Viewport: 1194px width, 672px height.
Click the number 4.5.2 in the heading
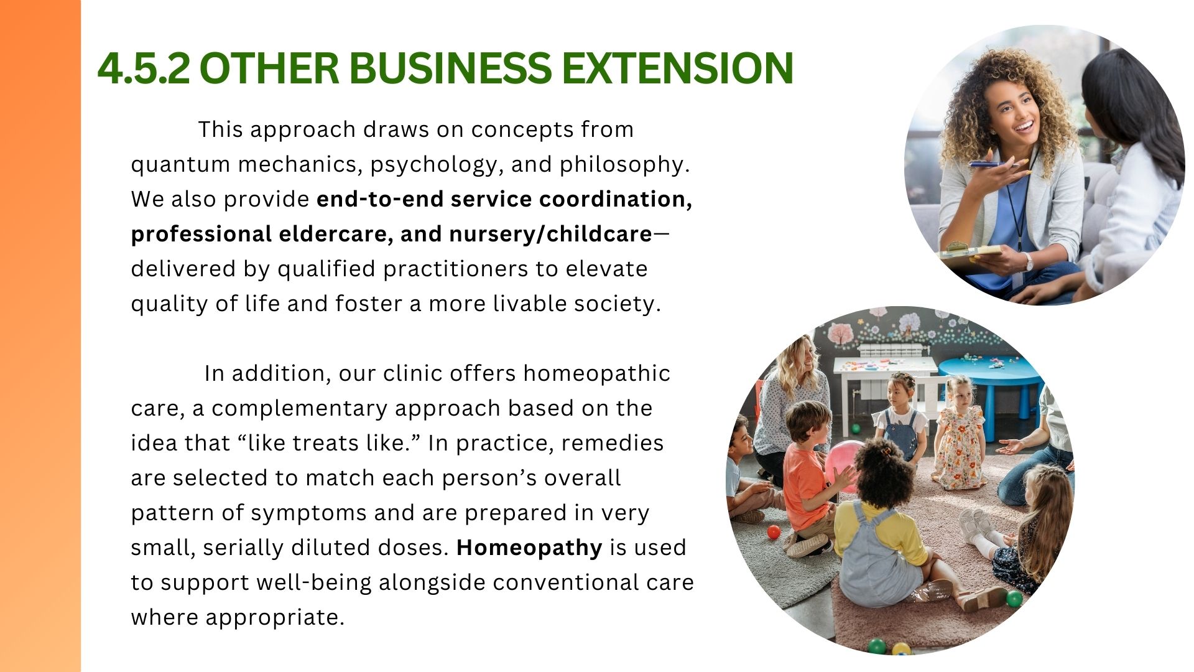tap(144, 68)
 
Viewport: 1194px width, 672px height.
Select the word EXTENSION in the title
tap(678, 68)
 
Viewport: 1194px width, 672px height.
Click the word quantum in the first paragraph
tap(180, 165)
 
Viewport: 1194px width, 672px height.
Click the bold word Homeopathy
tap(529, 548)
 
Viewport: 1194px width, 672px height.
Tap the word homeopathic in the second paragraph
tap(596, 373)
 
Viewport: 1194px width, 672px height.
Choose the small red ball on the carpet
tap(773, 532)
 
